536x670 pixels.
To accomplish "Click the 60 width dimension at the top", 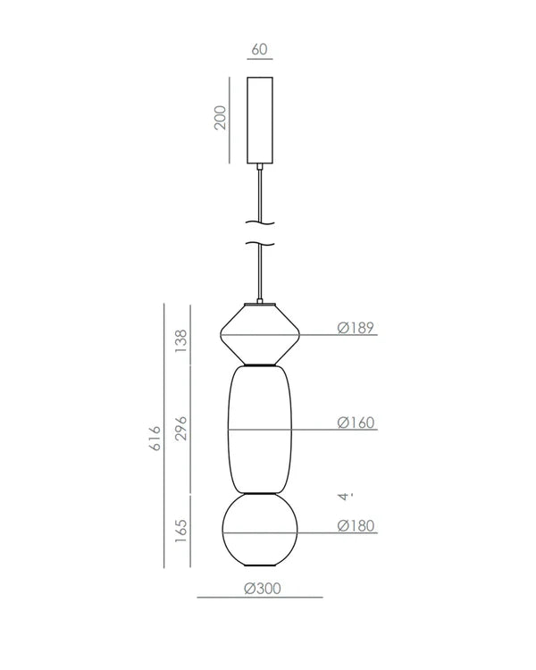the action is (259, 49).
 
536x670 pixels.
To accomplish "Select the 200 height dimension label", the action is (220, 117).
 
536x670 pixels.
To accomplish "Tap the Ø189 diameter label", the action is (356, 328).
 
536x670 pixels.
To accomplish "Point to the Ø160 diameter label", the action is (356, 423).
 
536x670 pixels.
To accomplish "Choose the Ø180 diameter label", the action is (356, 525).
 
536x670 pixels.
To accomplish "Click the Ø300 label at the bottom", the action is (263, 589).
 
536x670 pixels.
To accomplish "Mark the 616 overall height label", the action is (155, 438).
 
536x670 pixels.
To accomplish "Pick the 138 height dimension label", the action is (180, 340).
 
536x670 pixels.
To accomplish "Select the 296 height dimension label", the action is (180, 428).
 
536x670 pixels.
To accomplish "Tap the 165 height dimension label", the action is (180, 532).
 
